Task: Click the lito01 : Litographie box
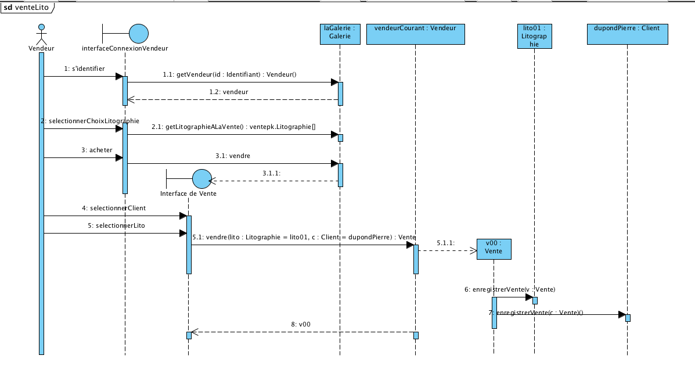pos(534,35)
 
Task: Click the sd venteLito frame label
pos(27,8)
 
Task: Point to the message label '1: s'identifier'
pos(84,69)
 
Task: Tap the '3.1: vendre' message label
pos(240,156)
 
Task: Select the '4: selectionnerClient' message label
pos(114,207)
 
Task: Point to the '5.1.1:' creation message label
pos(446,242)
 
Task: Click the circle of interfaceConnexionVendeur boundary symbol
pos(138,34)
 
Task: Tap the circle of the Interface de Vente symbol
pos(201,179)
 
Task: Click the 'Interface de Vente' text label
pos(188,193)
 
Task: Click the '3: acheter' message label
pos(97,150)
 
